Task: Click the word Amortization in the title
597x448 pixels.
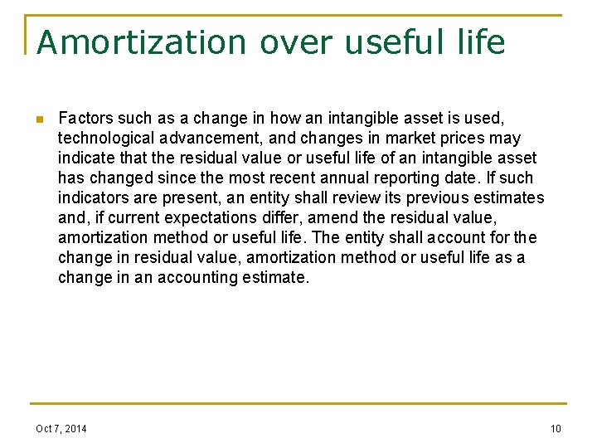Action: click(x=141, y=42)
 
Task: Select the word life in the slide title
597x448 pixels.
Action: click(x=476, y=42)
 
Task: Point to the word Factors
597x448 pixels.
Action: click(x=85, y=118)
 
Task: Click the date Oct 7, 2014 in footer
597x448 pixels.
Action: click(x=61, y=428)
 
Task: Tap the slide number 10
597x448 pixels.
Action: click(x=555, y=428)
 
